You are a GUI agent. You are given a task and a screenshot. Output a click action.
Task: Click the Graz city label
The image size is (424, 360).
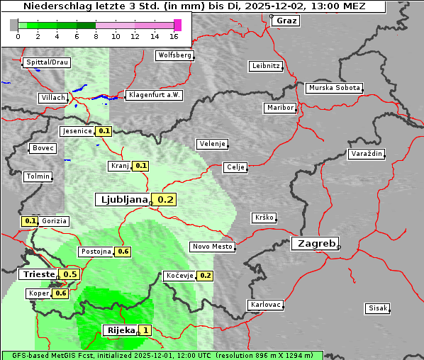(x=286, y=21)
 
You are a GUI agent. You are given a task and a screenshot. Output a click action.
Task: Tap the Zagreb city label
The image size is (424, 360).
(x=314, y=243)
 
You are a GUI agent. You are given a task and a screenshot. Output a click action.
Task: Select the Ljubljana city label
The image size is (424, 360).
(x=122, y=200)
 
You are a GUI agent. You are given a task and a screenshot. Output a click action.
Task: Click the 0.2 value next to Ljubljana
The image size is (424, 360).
(x=165, y=200)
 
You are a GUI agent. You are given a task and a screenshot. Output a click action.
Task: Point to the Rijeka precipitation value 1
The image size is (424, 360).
(x=145, y=330)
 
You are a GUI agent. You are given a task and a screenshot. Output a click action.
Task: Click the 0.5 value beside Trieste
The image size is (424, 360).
(x=70, y=274)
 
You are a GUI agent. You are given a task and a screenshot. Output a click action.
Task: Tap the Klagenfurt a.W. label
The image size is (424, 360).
(x=154, y=95)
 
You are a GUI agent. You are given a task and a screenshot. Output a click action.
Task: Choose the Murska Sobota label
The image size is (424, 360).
(x=334, y=89)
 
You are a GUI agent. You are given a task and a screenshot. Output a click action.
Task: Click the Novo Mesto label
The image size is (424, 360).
(x=212, y=247)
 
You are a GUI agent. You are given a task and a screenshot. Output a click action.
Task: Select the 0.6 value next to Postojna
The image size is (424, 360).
(x=123, y=252)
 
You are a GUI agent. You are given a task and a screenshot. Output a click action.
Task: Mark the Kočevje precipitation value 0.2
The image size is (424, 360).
(x=205, y=276)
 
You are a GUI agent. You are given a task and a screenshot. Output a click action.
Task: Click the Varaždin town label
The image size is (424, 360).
(x=367, y=154)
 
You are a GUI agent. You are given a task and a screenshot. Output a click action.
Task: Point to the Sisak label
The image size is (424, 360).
(x=377, y=308)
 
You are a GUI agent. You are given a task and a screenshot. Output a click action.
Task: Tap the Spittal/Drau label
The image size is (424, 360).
(x=47, y=62)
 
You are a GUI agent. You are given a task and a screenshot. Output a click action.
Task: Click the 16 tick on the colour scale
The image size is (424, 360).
(x=174, y=36)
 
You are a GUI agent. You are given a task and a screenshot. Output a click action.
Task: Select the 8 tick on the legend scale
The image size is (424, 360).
(x=95, y=36)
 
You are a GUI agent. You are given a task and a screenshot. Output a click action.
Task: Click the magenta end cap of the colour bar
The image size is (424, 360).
(x=177, y=25)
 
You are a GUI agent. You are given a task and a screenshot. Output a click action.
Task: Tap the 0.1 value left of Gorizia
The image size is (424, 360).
(x=30, y=221)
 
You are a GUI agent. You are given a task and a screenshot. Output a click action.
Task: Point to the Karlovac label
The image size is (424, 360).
(x=266, y=305)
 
